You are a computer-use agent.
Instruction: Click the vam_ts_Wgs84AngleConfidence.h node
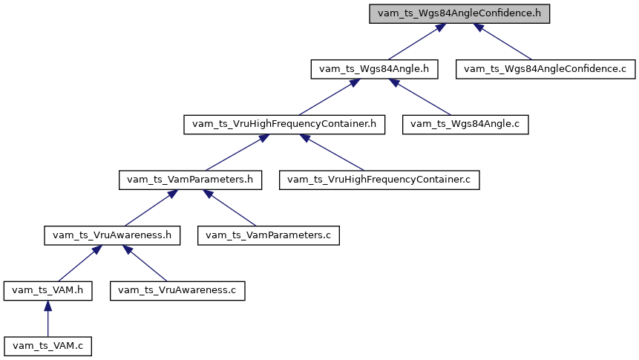(459, 14)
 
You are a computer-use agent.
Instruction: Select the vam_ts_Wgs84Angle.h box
(374, 69)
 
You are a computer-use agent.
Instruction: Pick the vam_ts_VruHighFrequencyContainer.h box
(284, 124)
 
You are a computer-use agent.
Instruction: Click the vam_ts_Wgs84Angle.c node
(465, 124)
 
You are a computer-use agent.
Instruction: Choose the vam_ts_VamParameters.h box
(191, 179)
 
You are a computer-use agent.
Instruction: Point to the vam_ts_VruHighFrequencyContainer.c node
(380, 179)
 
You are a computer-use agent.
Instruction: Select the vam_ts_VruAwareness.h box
(111, 235)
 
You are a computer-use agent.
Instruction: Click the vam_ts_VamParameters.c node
(269, 235)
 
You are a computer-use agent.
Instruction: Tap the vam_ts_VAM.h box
(47, 289)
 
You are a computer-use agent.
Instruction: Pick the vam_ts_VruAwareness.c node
(177, 289)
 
